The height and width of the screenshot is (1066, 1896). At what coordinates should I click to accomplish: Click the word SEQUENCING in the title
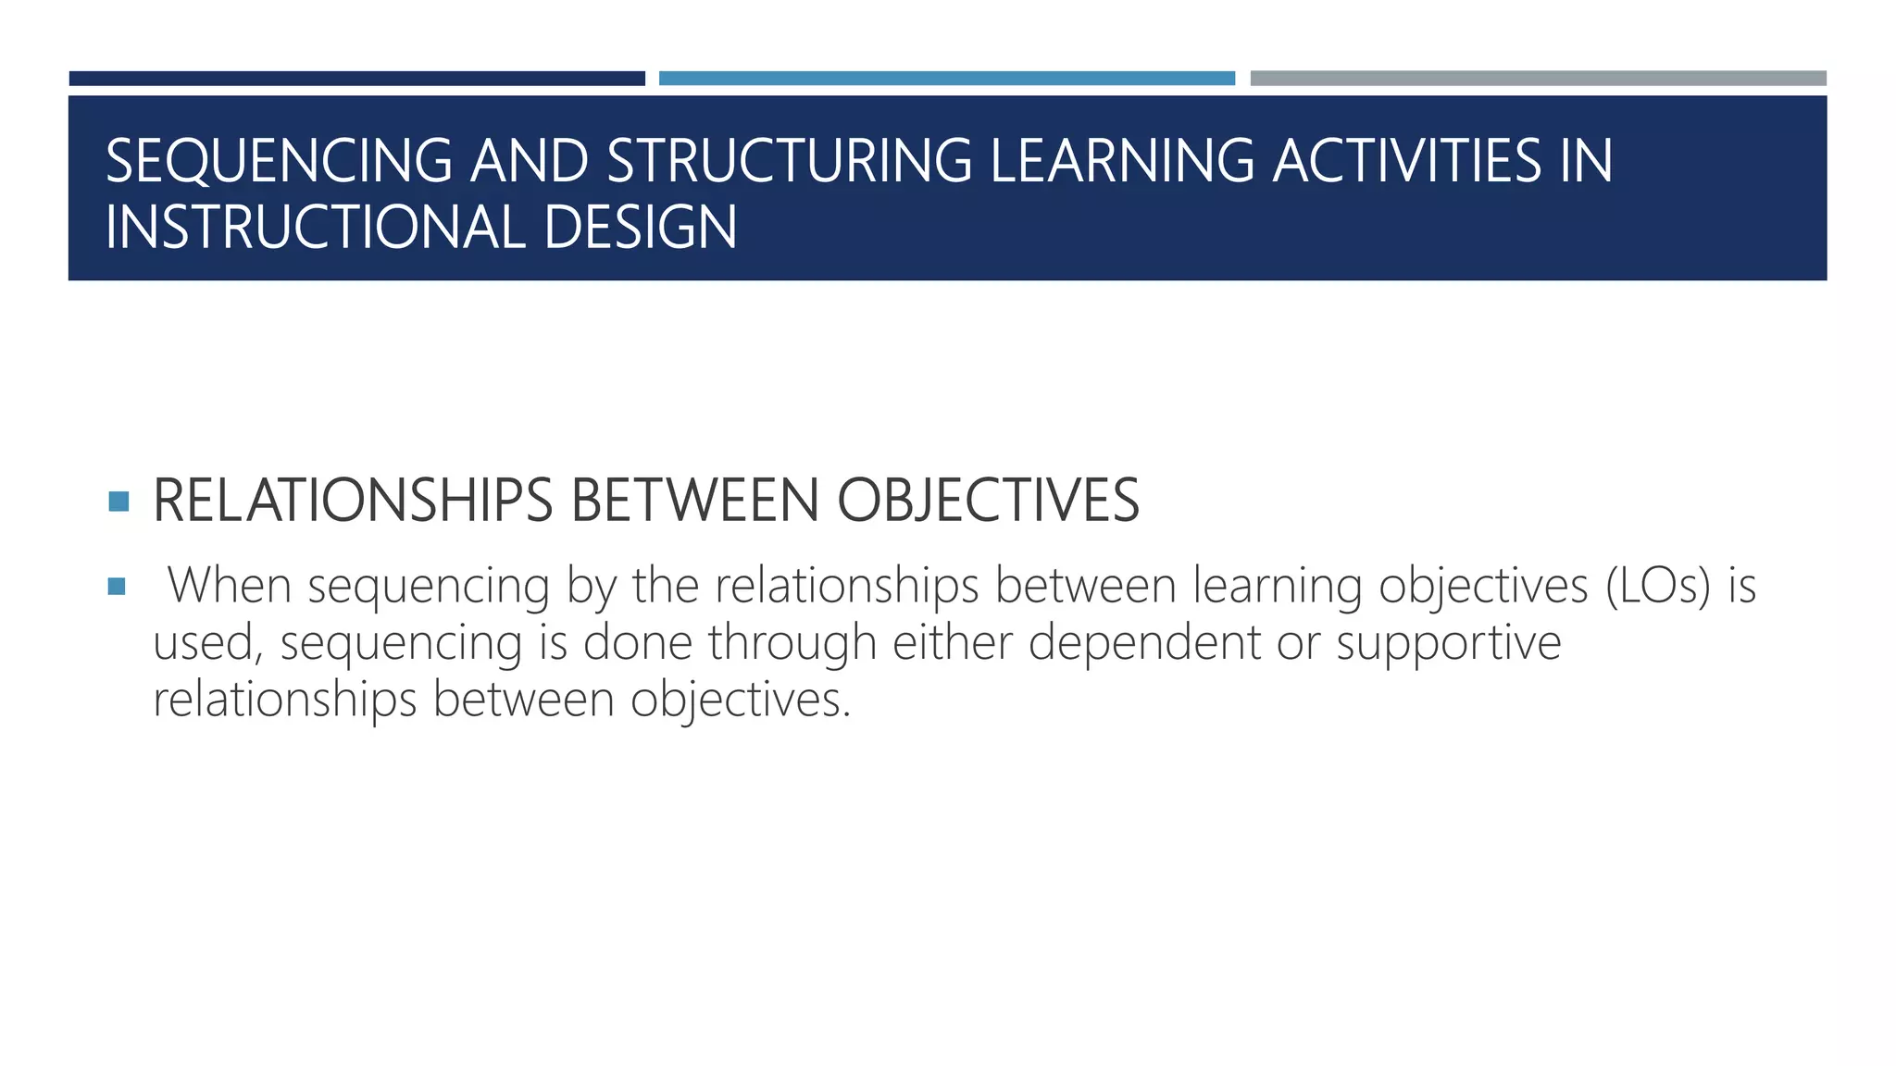point(279,161)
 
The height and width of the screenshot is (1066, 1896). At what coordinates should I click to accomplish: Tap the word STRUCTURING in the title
point(790,161)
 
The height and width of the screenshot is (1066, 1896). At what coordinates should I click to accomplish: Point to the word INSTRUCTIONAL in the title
point(316,228)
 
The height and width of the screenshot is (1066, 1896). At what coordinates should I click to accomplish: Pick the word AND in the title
point(530,161)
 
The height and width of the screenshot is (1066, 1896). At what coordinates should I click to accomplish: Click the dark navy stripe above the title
point(356,79)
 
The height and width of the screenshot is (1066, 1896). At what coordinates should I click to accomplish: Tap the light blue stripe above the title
point(946,79)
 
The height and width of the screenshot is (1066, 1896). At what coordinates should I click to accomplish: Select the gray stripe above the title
point(1538,79)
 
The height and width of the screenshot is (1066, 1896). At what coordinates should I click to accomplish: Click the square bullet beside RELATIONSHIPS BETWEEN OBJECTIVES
point(118,502)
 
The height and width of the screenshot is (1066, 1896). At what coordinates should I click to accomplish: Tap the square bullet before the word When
point(117,587)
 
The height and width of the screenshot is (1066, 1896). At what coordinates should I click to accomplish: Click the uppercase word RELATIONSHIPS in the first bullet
point(353,501)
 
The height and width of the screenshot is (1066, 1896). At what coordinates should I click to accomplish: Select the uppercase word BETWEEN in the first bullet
point(695,501)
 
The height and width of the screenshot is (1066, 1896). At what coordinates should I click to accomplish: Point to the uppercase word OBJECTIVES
point(988,501)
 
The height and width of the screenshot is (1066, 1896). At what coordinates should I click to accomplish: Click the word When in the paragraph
point(230,586)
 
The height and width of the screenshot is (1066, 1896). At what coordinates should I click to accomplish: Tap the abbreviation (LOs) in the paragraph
point(1658,586)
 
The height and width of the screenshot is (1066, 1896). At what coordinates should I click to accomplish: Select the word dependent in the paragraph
point(1144,642)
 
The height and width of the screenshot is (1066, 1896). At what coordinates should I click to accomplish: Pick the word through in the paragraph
point(792,644)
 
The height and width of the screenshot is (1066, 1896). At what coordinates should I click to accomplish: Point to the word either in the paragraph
point(952,642)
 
